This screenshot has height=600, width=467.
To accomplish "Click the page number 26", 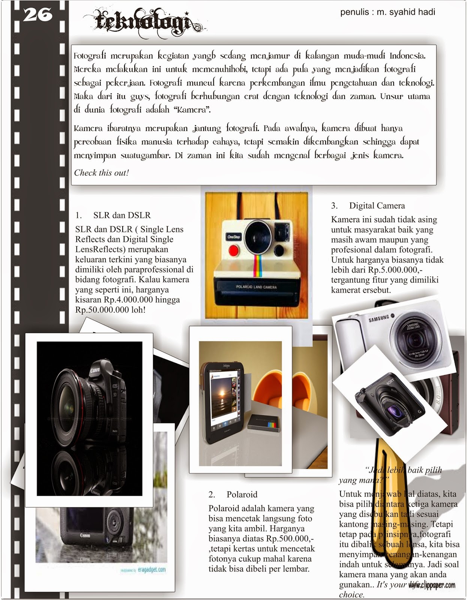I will pos(38,15).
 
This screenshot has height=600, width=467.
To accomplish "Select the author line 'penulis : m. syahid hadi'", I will pos(387,12).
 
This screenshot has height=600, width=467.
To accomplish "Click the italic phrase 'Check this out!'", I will pos(101,172).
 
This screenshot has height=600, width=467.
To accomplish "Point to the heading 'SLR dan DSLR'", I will pos(122,215).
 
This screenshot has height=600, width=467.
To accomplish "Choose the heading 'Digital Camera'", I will pos(377,205).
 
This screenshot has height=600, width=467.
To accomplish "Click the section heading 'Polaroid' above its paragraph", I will pos(242,494).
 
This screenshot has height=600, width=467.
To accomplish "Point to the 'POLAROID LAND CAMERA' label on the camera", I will pos(257,287).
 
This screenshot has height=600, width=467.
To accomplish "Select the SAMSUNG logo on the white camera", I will pos(379,319).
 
